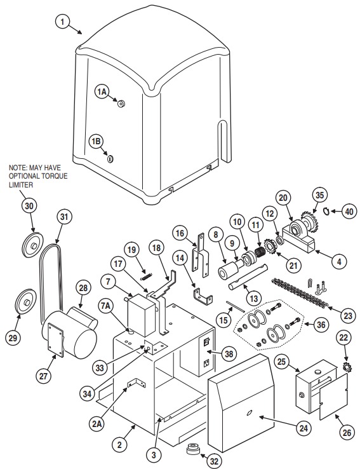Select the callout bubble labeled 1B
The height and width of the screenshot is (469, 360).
tap(96, 141)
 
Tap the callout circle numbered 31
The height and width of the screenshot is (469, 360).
tap(63, 217)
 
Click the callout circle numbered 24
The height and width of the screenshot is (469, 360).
tap(304, 428)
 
